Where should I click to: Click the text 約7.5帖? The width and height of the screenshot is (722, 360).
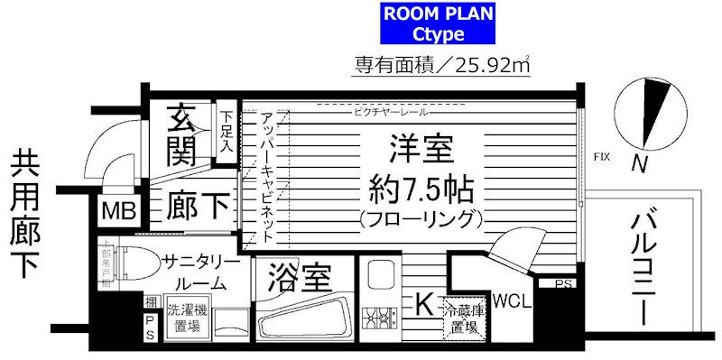tap(421, 189)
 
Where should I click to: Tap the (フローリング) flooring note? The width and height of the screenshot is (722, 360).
tap(421, 219)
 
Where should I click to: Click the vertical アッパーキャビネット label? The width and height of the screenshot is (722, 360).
tap(266, 176)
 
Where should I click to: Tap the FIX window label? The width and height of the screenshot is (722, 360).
tap(601, 157)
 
